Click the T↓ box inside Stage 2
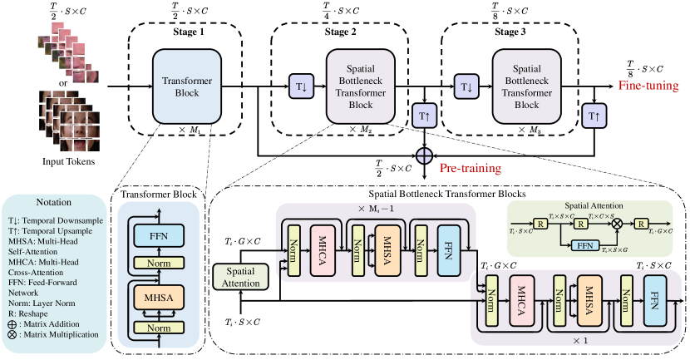pos(299,86)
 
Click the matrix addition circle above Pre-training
pos(425,154)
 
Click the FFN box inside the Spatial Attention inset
pos(584,245)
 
